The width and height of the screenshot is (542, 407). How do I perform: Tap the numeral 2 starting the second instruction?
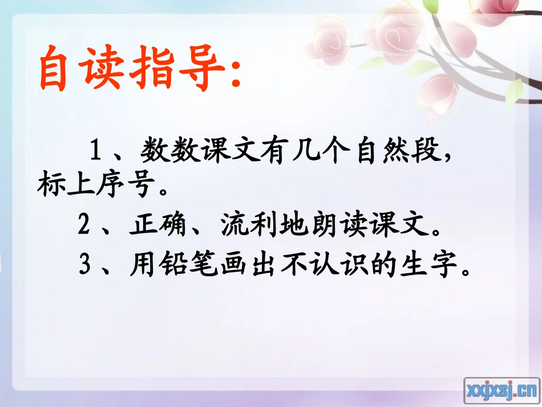[x=85, y=227]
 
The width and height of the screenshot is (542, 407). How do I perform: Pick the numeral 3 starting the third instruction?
[x=85, y=265]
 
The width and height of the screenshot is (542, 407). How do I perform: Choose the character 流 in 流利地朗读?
[x=237, y=227]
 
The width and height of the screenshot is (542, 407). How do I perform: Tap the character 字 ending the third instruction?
[x=443, y=265]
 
